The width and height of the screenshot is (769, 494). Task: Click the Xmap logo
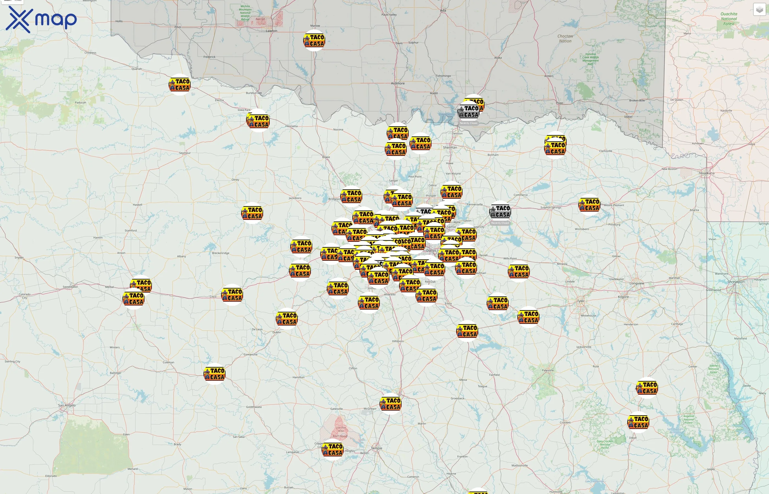tap(41, 20)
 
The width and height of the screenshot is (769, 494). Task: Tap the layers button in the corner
tap(759, 10)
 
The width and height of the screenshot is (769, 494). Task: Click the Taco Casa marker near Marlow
tap(314, 40)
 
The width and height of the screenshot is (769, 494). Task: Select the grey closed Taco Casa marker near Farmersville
tap(500, 212)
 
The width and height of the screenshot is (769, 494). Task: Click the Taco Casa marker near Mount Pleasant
tap(589, 205)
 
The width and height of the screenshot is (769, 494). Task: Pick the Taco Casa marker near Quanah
tap(179, 85)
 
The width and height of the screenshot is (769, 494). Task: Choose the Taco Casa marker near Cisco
tap(232, 295)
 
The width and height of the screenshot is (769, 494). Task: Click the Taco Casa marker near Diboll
tap(638, 422)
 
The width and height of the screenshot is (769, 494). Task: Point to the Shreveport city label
tap(736, 282)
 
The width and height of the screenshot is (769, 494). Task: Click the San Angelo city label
tap(67, 405)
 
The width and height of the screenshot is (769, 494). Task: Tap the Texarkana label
tap(706, 173)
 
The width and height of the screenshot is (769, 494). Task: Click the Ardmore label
tap(398, 83)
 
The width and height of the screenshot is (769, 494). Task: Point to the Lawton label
tap(271, 31)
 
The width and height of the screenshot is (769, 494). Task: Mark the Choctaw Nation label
tap(565, 38)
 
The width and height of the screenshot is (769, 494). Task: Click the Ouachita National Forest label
tap(729, 19)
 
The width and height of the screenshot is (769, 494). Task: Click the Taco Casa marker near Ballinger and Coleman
tap(214, 374)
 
